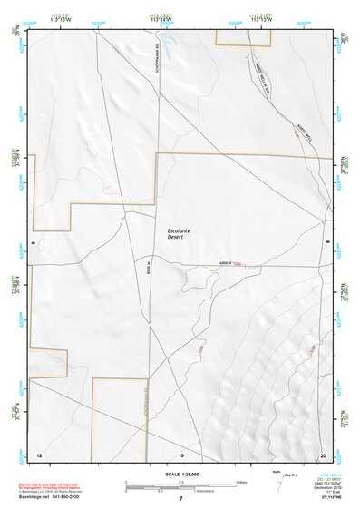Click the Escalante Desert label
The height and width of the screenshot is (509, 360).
tap(181, 234)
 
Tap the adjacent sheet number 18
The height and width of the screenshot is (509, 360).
tap(38, 453)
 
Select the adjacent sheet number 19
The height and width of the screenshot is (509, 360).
tap(180, 453)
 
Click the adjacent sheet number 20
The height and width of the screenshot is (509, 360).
tap(322, 453)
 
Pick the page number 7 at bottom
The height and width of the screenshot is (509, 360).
tap(180, 499)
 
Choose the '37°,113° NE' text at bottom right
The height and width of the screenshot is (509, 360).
tap(324, 498)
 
